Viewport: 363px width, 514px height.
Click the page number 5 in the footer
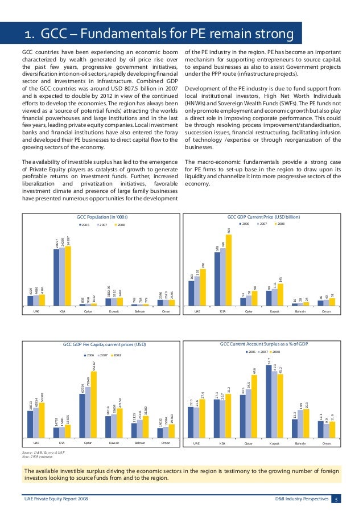(x=336, y=499)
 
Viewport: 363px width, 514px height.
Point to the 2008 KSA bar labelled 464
(x=229, y=270)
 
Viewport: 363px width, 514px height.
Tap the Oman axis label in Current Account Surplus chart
(x=327, y=443)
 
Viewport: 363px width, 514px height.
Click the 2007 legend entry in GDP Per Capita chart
(x=104, y=355)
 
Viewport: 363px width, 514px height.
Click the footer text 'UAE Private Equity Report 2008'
(x=56, y=499)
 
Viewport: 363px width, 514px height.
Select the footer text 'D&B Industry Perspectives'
(x=298, y=499)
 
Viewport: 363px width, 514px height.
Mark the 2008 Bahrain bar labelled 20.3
(x=307, y=424)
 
